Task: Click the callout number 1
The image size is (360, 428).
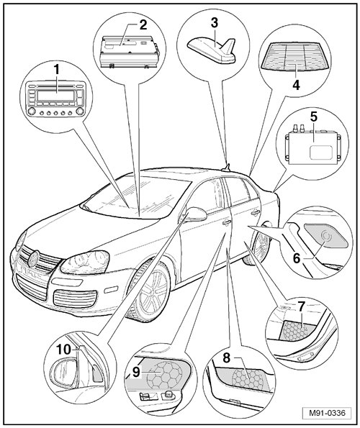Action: pyautogui.click(x=56, y=70)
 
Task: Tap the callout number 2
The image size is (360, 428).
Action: pyautogui.click(x=143, y=25)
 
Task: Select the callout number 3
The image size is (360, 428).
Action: pyautogui.click(x=215, y=23)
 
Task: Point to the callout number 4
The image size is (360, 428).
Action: pyautogui.click(x=296, y=85)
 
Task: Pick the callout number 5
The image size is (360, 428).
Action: pyautogui.click(x=314, y=117)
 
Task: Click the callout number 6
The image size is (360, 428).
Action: pyautogui.click(x=297, y=258)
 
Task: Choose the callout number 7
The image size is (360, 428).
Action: pyautogui.click(x=301, y=307)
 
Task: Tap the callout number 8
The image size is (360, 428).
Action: pyautogui.click(x=226, y=358)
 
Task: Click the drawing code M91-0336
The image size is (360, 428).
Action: pyautogui.click(x=327, y=413)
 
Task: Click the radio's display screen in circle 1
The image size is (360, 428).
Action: pyautogui.click(x=56, y=96)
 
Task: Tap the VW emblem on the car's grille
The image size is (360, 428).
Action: pyautogui.click(x=34, y=259)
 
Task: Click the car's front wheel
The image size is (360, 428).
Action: pyautogui.click(x=150, y=291)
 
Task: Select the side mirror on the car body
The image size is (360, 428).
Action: pyautogui.click(x=196, y=214)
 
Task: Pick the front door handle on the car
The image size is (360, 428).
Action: pyautogui.click(x=225, y=222)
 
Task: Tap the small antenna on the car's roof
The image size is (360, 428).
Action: pyautogui.click(x=226, y=168)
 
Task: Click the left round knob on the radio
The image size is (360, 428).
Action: pyautogui.click(x=31, y=111)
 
